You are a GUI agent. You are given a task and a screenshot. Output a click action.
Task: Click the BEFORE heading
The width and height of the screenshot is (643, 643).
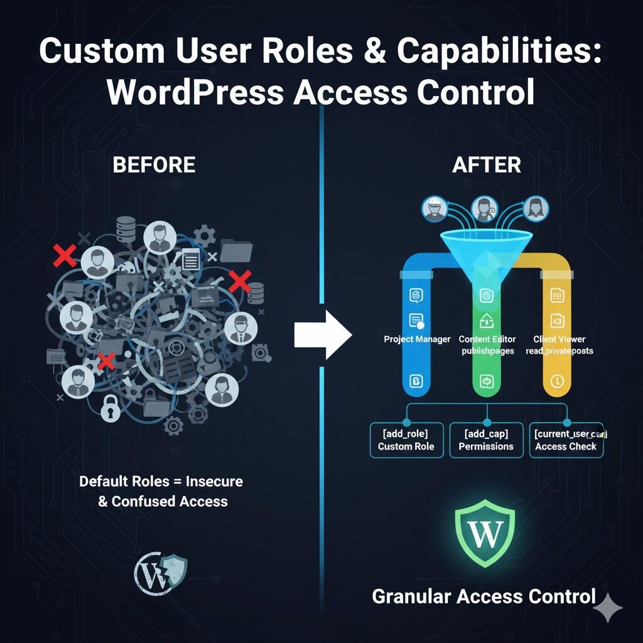click(154, 165)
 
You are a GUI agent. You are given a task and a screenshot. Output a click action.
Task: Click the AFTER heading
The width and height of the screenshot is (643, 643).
click(487, 165)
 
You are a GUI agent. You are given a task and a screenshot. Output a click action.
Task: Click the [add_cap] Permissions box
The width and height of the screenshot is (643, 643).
click(486, 440)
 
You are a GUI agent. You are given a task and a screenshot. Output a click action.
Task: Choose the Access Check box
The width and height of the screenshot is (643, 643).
click(566, 440)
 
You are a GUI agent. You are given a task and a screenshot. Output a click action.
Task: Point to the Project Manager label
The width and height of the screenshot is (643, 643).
click(417, 339)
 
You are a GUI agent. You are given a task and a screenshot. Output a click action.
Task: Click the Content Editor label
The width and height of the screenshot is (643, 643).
click(488, 339)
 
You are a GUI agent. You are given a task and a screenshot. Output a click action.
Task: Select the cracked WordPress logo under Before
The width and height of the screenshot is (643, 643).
click(161, 573)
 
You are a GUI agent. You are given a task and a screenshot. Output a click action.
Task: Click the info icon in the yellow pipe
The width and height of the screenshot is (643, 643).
click(555, 381)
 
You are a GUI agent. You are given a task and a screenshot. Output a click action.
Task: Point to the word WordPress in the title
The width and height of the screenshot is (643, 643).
click(193, 93)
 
